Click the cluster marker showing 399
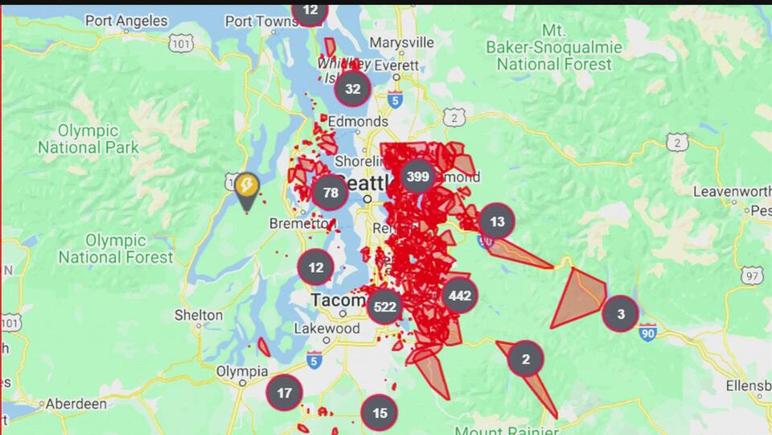click(417, 176)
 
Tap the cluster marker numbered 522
click(384, 307)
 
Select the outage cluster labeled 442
click(459, 296)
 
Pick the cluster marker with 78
click(331, 193)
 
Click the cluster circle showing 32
click(352, 89)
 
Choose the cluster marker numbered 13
click(497, 222)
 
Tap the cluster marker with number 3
click(620, 313)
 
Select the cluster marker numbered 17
click(284, 393)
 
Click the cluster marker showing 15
click(380, 412)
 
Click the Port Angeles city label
click(126, 21)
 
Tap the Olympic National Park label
click(88, 139)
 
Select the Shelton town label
click(199, 315)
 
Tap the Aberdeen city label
click(76, 404)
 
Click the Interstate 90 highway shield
click(649, 330)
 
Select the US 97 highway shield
click(752, 276)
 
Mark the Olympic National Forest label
click(116, 249)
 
